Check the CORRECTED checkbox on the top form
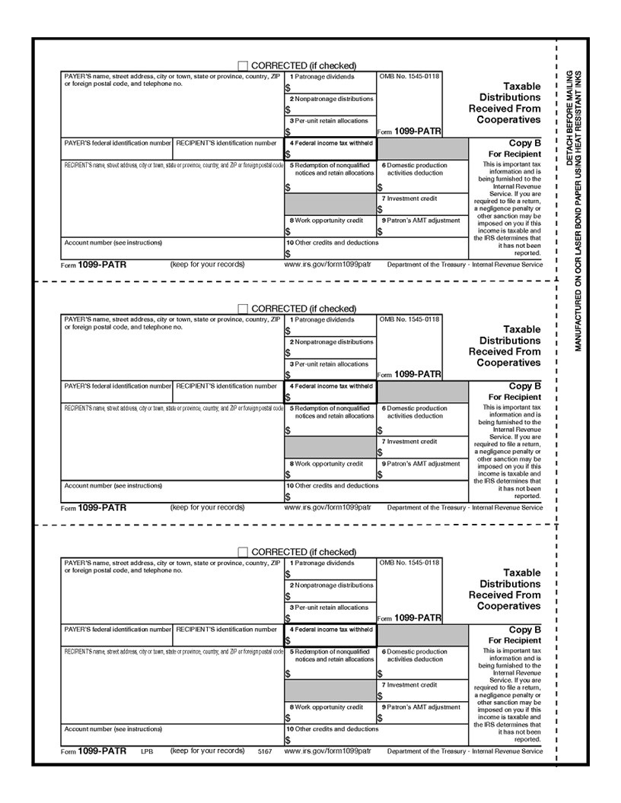[243, 65]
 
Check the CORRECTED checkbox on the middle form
[243, 309]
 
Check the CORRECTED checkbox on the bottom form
[243, 552]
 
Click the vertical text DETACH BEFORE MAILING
[568, 118]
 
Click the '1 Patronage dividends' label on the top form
[321, 77]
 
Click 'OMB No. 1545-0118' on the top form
[409, 77]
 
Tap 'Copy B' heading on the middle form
[524, 386]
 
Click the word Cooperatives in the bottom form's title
[508, 606]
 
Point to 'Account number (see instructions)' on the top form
[113, 243]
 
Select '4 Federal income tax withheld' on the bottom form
[330, 630]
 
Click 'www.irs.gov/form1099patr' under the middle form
[327, 507]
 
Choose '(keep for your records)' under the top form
[207, 264]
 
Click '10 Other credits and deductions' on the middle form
[332, 485]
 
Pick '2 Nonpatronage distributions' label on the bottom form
[330, 585]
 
